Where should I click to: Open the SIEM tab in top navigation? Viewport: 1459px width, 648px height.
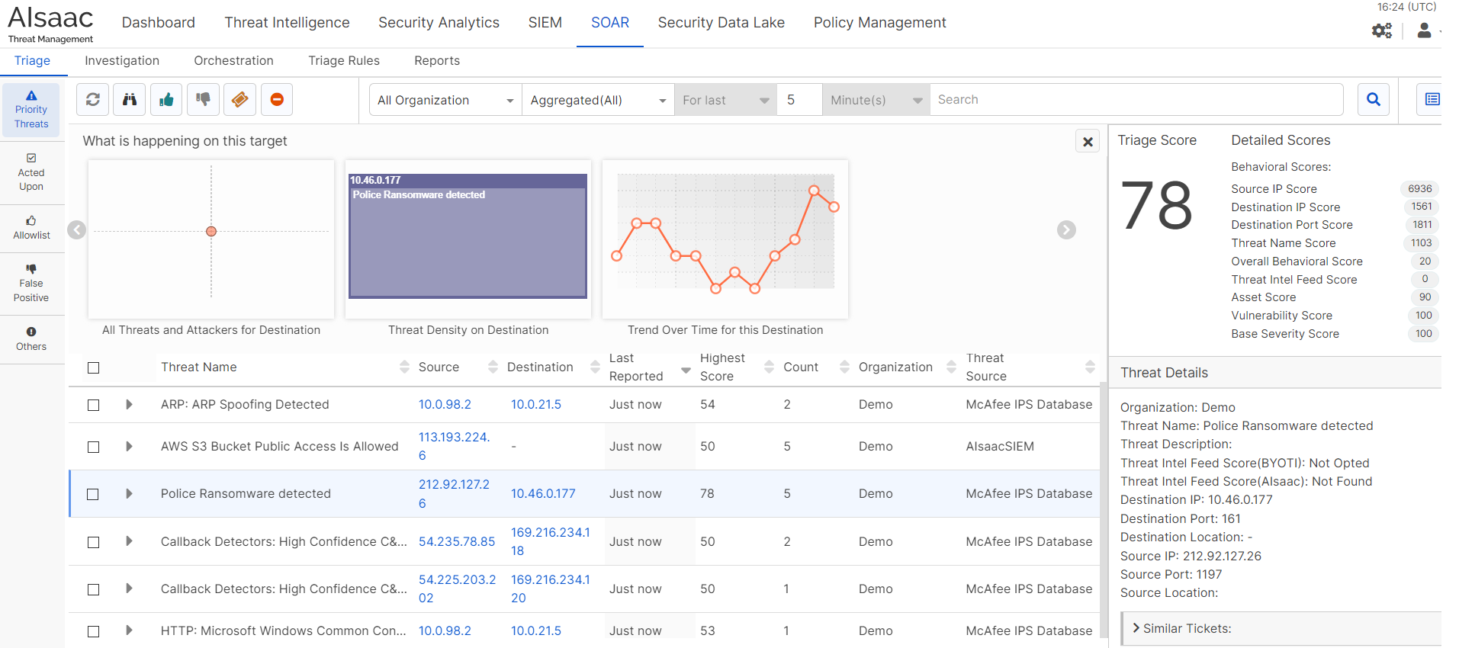coord(545,23)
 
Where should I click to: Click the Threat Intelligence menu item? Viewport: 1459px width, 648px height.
coord(287,23)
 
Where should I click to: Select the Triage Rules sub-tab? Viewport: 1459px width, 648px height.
coord(343,61)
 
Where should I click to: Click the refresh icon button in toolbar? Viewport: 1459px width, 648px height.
coord(93,100)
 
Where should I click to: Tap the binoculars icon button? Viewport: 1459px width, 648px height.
coord(130,100)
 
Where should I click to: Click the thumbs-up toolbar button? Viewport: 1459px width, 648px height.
coord(166,100)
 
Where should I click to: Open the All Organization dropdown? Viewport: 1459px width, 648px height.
coord(445,100)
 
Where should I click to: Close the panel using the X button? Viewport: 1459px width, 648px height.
coord(1088,142)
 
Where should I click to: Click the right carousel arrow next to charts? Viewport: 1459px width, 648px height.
coord(1066,229)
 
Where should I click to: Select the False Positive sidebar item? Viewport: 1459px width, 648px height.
coord(31,283)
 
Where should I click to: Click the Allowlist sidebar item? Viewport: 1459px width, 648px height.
coord(31,228)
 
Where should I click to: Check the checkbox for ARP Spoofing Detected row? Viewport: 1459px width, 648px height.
coord(94,405)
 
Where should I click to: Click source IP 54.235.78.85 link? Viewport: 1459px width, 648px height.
coord(456,541)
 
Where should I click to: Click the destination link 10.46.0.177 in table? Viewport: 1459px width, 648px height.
coord(543,494)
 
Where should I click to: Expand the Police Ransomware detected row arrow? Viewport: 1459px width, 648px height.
coord(129,494)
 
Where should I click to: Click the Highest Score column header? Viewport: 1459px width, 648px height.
coord(721,367)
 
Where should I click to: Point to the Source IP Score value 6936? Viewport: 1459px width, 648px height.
coord(1419,189)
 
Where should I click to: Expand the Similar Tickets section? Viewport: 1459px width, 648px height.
coord(1186,629)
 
